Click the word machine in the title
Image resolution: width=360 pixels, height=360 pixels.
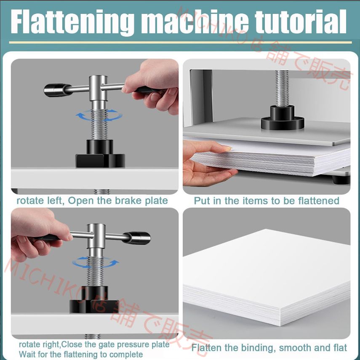click(195, 22)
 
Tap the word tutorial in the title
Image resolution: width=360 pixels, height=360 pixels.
click(301, 21)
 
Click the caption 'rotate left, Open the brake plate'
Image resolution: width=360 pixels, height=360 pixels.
click(92, 201)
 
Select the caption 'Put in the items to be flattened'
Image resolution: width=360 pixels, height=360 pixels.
click(267, 201)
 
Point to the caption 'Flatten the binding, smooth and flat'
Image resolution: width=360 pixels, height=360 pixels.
click(269, 348)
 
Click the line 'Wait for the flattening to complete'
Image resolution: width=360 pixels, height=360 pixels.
click(81, 354)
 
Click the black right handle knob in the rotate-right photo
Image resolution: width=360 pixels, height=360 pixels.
click(137, 238)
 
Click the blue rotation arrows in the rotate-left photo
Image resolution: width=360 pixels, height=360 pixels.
click(99, 115)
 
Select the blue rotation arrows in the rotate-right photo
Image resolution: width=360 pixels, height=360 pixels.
click(95, 262)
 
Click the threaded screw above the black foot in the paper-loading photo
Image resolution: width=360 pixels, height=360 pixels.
click(282, 88)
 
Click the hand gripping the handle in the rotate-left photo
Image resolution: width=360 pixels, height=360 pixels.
click(154, 86)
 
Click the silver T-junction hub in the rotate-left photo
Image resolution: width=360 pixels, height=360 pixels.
click(98, 88)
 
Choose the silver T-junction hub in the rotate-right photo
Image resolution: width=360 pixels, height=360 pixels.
click(96, 236)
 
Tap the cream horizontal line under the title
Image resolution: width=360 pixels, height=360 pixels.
click(180, 43)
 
